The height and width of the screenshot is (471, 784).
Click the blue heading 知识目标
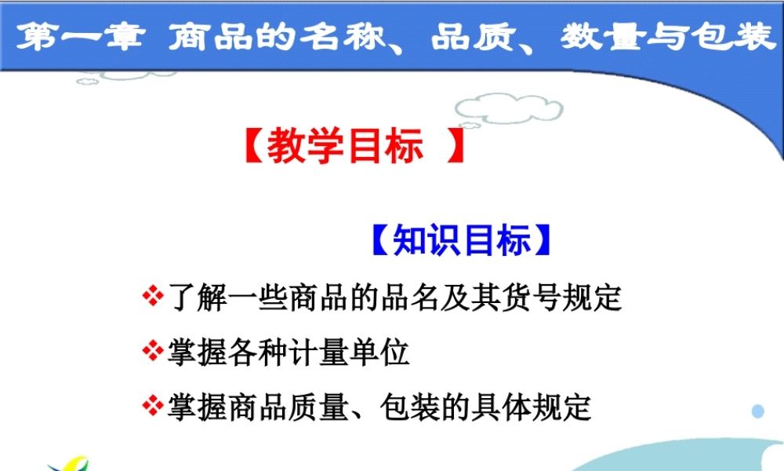click(461, 241)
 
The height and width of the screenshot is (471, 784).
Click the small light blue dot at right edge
click(757, 411)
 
